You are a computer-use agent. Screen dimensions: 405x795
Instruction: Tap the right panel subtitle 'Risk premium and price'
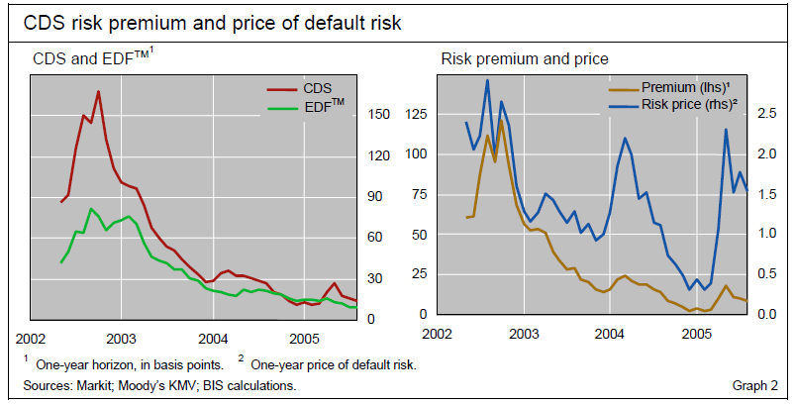524,60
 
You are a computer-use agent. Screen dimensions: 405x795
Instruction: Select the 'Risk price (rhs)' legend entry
691,103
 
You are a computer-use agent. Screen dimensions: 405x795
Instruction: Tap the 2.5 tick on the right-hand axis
767,115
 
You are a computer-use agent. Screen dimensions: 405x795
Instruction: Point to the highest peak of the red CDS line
98,92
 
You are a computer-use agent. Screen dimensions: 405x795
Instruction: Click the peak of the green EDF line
91,209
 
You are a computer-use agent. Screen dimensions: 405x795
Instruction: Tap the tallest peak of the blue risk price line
487,80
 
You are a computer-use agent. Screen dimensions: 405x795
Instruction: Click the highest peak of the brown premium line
502,121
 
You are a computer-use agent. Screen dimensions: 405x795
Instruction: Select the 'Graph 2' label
755,384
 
